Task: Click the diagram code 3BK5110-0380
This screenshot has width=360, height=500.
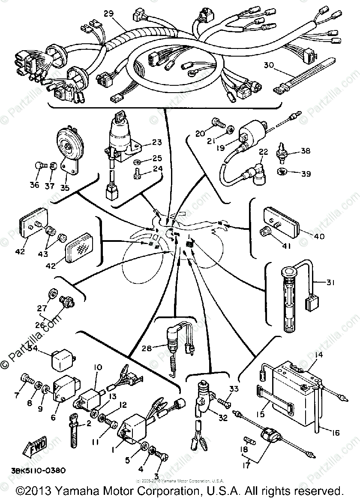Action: point(40,470)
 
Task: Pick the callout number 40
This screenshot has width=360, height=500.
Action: point(319,236)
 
